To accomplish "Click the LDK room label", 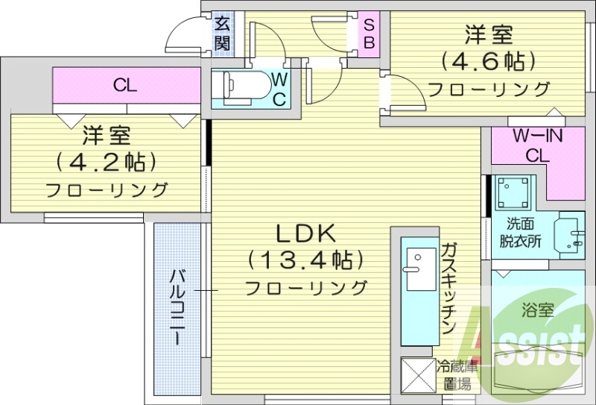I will click(x=305, y=234).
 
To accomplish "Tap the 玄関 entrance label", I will click(x=222, y=33).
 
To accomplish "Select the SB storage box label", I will click(x=369, y=34).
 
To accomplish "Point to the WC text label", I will click(x=279, y=90).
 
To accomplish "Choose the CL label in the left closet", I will click(x=125, y=85).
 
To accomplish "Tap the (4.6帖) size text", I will click(x=489, y=61).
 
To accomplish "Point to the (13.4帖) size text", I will click(x=305, y=260).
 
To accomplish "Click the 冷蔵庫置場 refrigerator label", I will click(x=454, y=375).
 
